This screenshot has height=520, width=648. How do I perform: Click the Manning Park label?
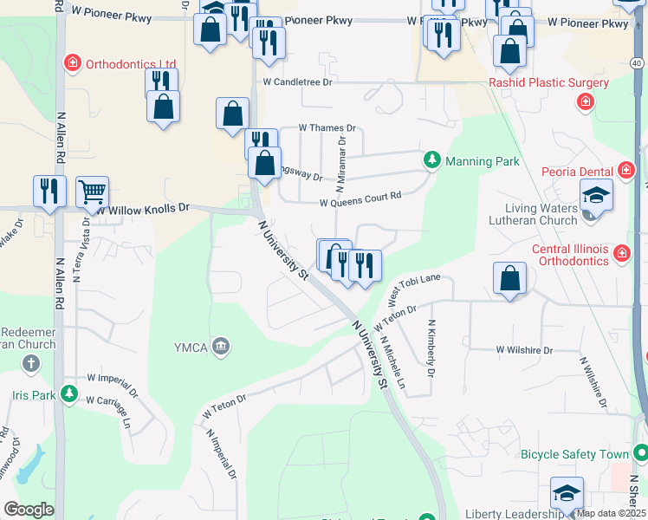coord(482,161)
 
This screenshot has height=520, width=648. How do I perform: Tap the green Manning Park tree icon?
coord(431,160)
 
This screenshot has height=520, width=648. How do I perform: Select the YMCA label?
coord(191,348)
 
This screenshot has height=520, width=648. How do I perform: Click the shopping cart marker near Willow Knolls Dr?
coord(92,192)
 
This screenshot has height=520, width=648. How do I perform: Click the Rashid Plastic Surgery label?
coord(548,83)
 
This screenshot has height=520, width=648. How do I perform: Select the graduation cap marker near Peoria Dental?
coord(596,196)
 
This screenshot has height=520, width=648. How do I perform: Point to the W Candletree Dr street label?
coord(298,82)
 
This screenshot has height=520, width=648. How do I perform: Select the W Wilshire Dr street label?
coord(524,350)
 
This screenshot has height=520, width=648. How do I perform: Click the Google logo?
coord(29,510)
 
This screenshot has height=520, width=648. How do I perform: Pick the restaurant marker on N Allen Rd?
coord(49,192)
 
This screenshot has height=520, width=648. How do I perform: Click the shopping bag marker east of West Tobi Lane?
coord(510,279)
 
